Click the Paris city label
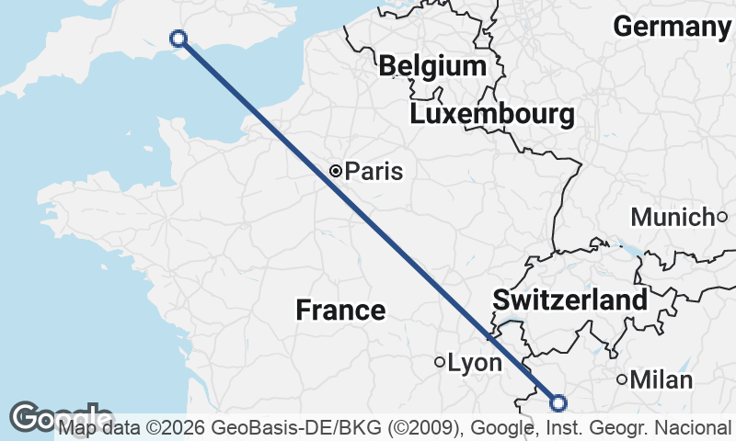click(374, 171)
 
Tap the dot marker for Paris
click(336, 170)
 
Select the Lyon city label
click(475, 363)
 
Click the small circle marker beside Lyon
click(440, 362)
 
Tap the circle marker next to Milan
click(623, 379)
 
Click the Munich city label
click(673, 218)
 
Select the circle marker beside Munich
click(722, 217)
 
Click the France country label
click(340, 310)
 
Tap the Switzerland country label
click(569, 300)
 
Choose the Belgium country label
click(431, 66)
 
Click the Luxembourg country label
click(492, 115)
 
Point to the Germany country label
click(672, 27)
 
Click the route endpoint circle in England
click(179, 38)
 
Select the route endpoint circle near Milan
click(558, 401)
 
